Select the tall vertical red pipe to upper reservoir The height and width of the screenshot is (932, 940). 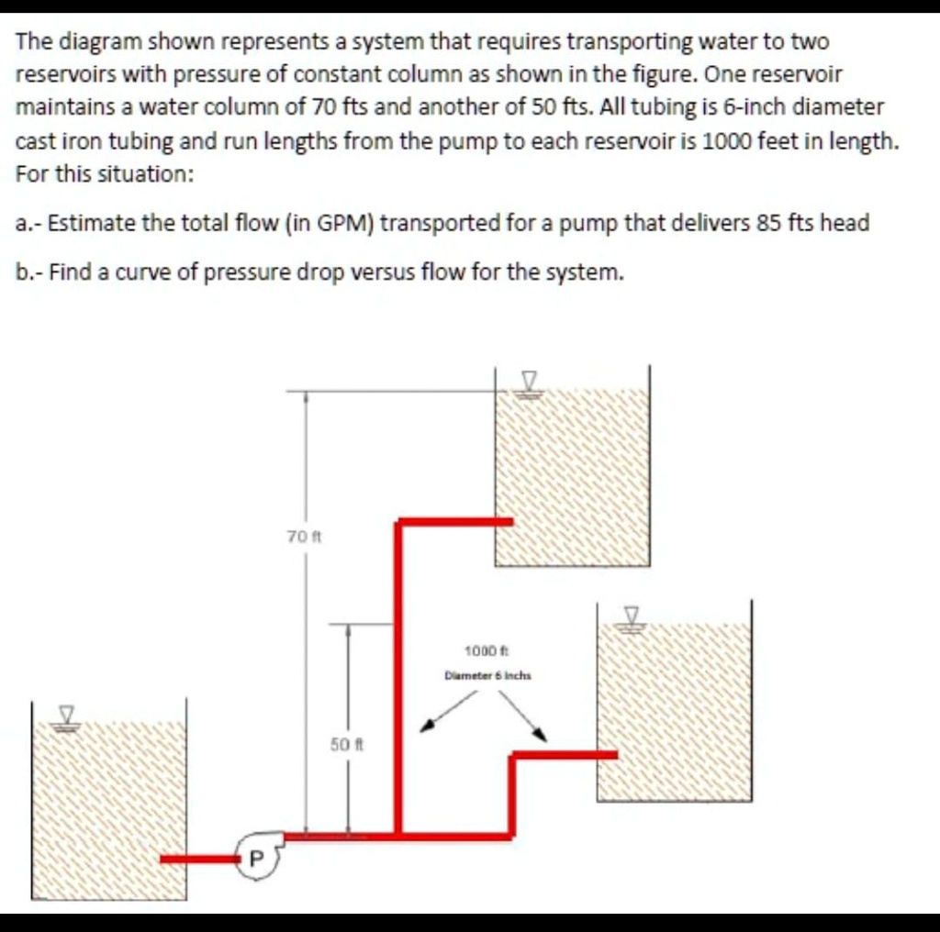[398, 679]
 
